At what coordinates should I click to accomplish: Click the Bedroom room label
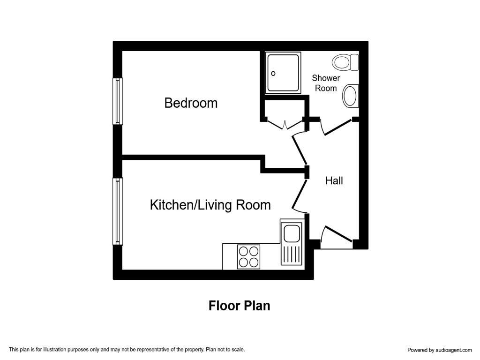click(x=191, y=103)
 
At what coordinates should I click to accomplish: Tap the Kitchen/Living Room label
click(x=210, y=205)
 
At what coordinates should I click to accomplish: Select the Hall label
click(x=334, y=180)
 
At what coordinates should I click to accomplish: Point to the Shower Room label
click(x=326, y=83)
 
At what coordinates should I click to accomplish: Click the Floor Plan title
click(x=239, y=306)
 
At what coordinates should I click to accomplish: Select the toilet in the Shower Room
click(x=345, y=62)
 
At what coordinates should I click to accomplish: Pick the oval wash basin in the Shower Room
click(x=351, y=96)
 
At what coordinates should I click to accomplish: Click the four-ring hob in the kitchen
click(x=248, y=256)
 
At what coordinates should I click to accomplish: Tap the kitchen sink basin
click(x=291, y=232)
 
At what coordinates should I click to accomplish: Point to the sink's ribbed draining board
click(x=291, y=255)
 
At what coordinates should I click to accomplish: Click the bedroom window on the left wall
click(x=118, y=101)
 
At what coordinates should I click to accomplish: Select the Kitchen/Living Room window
click(x=118, y=211)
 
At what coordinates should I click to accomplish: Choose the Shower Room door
click(x=336, y=127)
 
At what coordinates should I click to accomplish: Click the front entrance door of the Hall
click(x=337, y=235)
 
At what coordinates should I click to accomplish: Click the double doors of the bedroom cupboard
click(x=285, y=124)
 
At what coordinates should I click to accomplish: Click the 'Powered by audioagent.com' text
click(x=439, y=350)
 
